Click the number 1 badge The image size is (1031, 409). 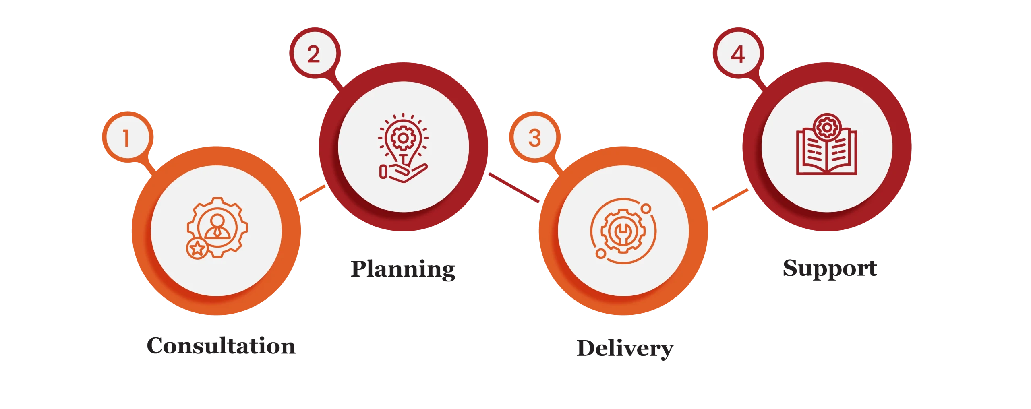click(x=126, y=138)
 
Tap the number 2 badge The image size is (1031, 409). click(x=314, y=54)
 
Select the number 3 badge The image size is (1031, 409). click(x=534, y=138)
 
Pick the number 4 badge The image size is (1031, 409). click(x=737, y=54)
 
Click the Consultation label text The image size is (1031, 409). click(x=221, y=346)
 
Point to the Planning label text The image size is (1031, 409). click(x=404, y=269)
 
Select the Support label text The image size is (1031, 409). click(x=830, y=269)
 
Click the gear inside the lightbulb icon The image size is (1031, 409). click(x=402, y=138)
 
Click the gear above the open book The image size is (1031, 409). click(x=826, y=128)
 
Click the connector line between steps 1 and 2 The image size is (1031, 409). click(x=313, y=193)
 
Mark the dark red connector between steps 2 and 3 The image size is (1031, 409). click(x=514, y=188)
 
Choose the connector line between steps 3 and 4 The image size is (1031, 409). click(x=729, y=200)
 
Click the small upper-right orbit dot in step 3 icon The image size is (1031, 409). click(x=646, y=209)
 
